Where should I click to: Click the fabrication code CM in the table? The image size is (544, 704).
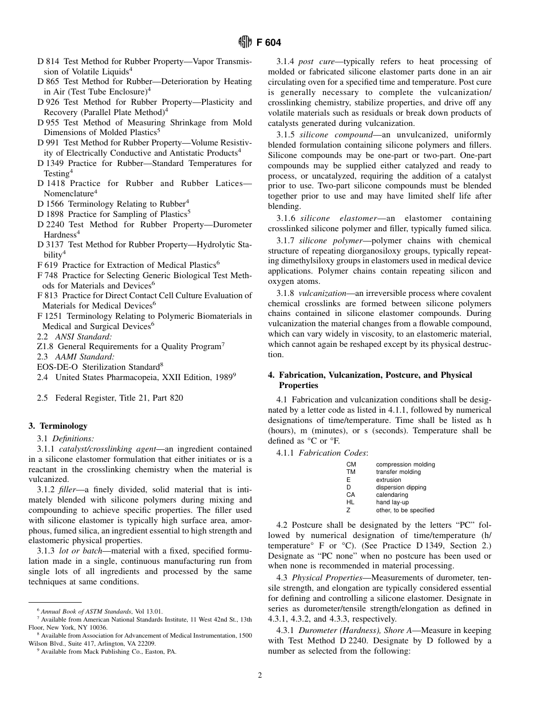(x=351, y=464)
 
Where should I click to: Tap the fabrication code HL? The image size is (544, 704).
(x=350, y=503)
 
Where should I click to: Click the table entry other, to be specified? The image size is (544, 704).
(x=405, y=510)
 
